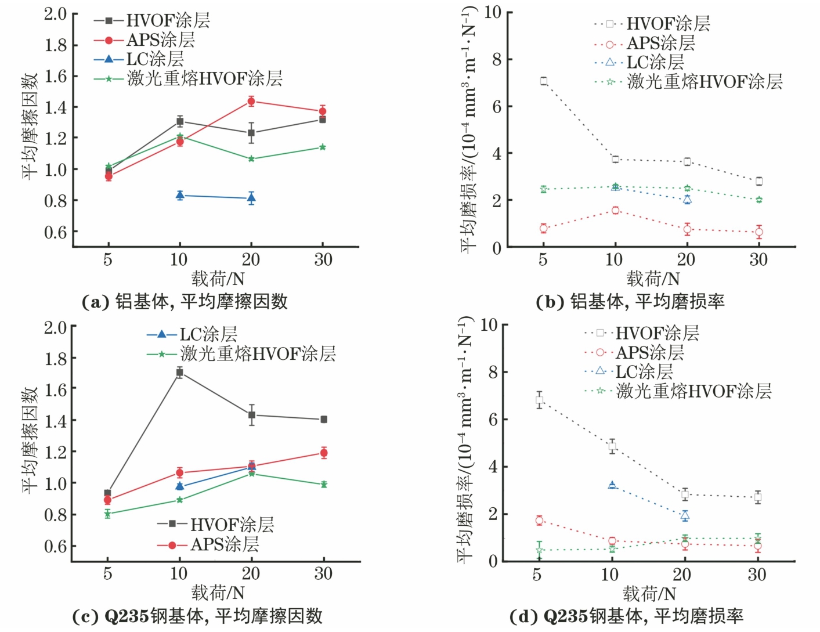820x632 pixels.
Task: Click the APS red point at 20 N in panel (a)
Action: pyautogui.click(x=251, y=102)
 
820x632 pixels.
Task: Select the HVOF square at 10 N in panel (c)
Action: pyautogui.click(x=180, y=373)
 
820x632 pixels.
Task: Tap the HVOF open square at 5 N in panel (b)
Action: pyautogui.click(x=544, y=81)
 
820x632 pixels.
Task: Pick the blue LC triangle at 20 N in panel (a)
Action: pyautogui.click(x=251, y=198)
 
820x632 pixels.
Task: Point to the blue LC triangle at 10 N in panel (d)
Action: pyautogui.click(x=612, y=485)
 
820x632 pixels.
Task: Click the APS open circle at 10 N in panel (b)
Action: pyautogui.click(x=615, y=210)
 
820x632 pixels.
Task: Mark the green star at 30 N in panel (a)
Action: pyautogui.click(x=323, y=147)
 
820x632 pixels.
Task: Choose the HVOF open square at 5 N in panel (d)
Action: pyautogui.click(x=540, y=400)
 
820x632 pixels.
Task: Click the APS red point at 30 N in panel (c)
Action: pyautogui.click(x=324, y=453)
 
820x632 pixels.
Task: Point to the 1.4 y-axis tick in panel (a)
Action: pyautogui.click(x=56, y=107)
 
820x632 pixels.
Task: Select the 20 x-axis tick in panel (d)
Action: pyautogui.click(x=681, y=575)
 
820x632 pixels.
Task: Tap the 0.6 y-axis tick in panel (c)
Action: pyautogui.click(x=56, y=546)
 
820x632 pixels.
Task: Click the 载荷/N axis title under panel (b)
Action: pyautogui.click(x=652, y=279)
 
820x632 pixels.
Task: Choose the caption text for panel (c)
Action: pyautogui.click(x=197, y=616)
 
